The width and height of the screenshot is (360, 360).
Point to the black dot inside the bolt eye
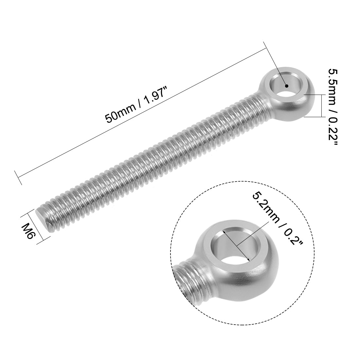(286, 86)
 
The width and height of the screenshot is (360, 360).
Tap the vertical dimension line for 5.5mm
(322, 105)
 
